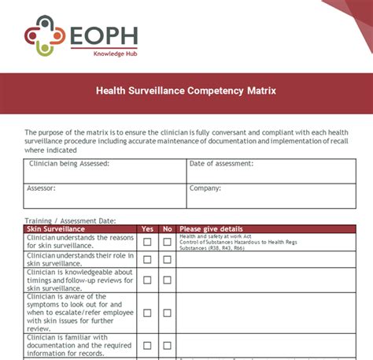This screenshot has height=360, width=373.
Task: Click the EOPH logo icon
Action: point(43,36)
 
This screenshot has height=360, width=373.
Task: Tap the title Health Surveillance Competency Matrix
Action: point(186,91)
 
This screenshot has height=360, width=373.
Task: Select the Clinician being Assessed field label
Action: point(68,164)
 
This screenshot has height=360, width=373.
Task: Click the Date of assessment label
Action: point(221,164)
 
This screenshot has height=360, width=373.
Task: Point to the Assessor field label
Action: point(41,189)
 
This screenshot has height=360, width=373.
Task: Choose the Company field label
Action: point(206,189)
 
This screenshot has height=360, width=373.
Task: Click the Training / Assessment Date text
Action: point(70,221)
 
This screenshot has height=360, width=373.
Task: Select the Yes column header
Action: point(147,229)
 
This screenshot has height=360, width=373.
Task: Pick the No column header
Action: point(167,229)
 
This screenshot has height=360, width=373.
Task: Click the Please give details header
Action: point(212,229)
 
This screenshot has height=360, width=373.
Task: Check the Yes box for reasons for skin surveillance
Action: point(147,242)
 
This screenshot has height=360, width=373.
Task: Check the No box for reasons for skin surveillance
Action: point(167,242)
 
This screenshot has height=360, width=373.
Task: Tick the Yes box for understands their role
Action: point(147,260)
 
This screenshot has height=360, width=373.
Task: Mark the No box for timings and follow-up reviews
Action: point(167,280)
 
